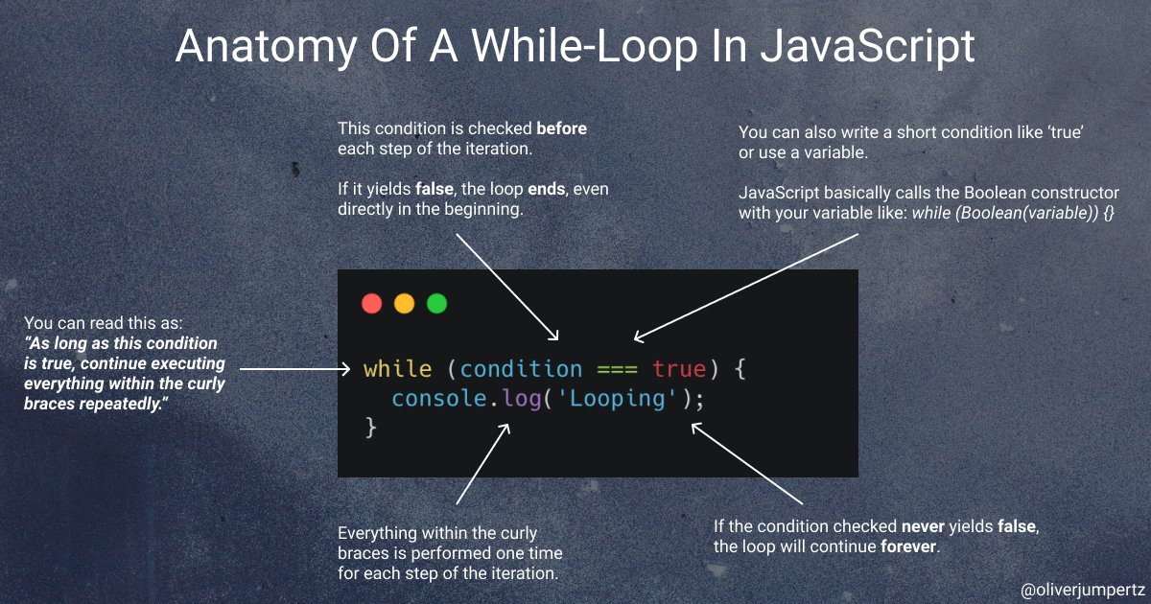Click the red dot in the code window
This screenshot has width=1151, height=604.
click(x=371, y=304)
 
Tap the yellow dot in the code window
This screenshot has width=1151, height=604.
click(x=404, y=304)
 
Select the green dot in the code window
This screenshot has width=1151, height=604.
click(x=436, y=304)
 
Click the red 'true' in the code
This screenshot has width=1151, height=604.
click(x=679, y=369)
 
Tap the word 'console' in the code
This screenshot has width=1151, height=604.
click(x=440, y=399)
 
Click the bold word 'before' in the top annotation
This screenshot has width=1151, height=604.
click(x=561, y=128)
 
